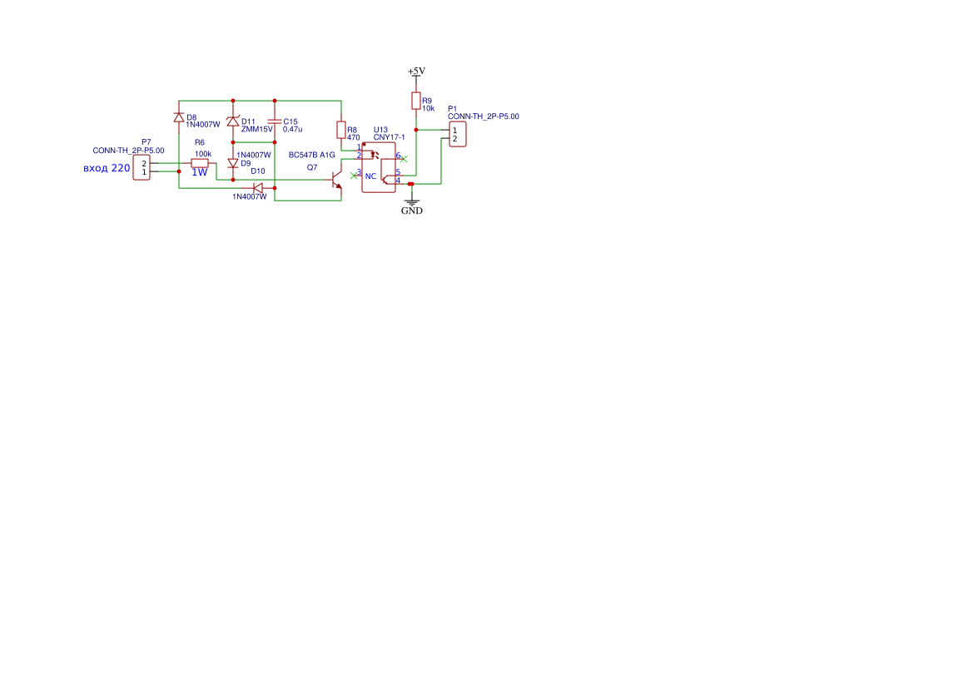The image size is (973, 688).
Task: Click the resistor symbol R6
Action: [x=199, y=163]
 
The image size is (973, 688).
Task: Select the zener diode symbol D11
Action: [x=233, y=121]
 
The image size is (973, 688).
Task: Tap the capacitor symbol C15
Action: [x=275, y=121]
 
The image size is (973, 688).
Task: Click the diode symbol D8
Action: [x=179, y=117]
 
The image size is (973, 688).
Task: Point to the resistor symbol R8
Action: [x=340, y=131]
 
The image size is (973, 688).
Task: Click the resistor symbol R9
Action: [x=416, y=101]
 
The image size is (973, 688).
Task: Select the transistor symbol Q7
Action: [x=335, y=180]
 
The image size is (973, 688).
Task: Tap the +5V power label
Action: [x=416, y=72]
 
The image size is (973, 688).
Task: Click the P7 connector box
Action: [x=141, y=167]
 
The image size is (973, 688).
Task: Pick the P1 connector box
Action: [x=457, y=134]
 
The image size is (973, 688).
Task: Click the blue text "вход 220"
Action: [x=107, y=168]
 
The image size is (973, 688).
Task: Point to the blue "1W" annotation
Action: [x=199, y=172]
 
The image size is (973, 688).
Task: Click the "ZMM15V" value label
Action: [x=257, y=129]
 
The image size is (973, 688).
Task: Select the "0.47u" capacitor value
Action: [x=292, y=129]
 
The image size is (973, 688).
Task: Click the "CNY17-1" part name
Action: [x=389, y=137]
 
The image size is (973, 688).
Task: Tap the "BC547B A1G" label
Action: [x=311, y=155]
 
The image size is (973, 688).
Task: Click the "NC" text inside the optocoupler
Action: [x=370, y=176]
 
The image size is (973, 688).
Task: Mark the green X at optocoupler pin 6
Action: [x=404, y=160]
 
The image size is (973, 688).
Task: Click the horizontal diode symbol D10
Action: [x=258, y=188]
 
